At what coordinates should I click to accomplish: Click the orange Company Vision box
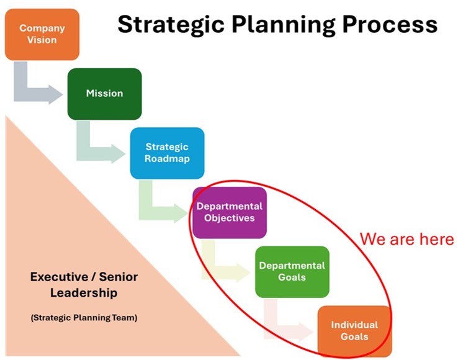point(42,34)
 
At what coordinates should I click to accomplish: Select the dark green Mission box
point(105,94)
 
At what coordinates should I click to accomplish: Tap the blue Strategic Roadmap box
point(168,153)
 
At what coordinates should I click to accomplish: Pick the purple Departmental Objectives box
point(230,212)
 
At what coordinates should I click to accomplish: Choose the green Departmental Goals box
point(292,272)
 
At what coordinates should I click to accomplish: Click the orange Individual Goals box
point(355,331)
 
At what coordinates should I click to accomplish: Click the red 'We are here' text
point(407,239)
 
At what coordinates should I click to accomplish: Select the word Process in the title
point(390,24)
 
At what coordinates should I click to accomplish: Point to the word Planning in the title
point(283,25)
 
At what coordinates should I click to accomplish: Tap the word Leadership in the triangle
point(84,293)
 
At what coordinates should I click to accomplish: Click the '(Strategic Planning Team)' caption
point(84,318)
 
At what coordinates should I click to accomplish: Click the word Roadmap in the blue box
point(167,158)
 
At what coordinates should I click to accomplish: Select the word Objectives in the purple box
point(230,218)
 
